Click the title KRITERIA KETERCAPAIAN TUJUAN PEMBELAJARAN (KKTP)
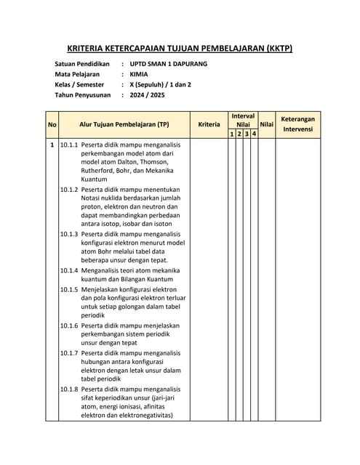coord(180,49)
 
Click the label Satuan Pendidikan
coord(81,64)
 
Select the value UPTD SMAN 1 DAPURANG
coord(168,64)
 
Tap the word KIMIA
coord(138,74)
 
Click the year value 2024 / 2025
coord(147,94)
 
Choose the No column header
coord(52,124)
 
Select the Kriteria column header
coord(209,124)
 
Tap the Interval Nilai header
coord(243,120)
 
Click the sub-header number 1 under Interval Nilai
coord(231,134)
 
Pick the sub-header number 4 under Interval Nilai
coord(254,134)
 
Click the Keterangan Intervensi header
coord(297,124)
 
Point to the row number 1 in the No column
coord(52,145)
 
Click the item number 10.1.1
coord(69,145)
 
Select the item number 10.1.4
coord(69,270)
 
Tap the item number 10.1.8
coord(69,389)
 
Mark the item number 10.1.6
coord(69,325)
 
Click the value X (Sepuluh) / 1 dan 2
coord(160,84)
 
